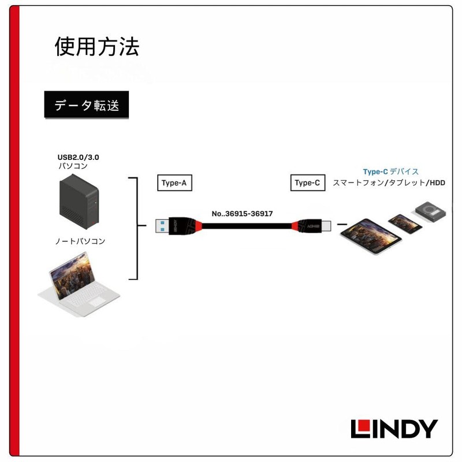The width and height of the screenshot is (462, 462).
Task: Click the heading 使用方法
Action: [97, 47]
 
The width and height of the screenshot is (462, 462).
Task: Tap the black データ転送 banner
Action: [83, 106]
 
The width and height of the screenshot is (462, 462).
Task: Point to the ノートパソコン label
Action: [81, 241]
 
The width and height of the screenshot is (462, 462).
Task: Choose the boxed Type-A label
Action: [174, 183]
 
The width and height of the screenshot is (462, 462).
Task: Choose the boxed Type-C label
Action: [307, 183]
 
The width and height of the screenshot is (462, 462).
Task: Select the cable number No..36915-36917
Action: [242, 214]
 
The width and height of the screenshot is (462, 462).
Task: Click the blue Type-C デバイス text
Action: [390, 172]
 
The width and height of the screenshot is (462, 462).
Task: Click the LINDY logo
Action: [394, 429]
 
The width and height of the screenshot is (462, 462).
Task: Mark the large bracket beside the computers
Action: [136, 229]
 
